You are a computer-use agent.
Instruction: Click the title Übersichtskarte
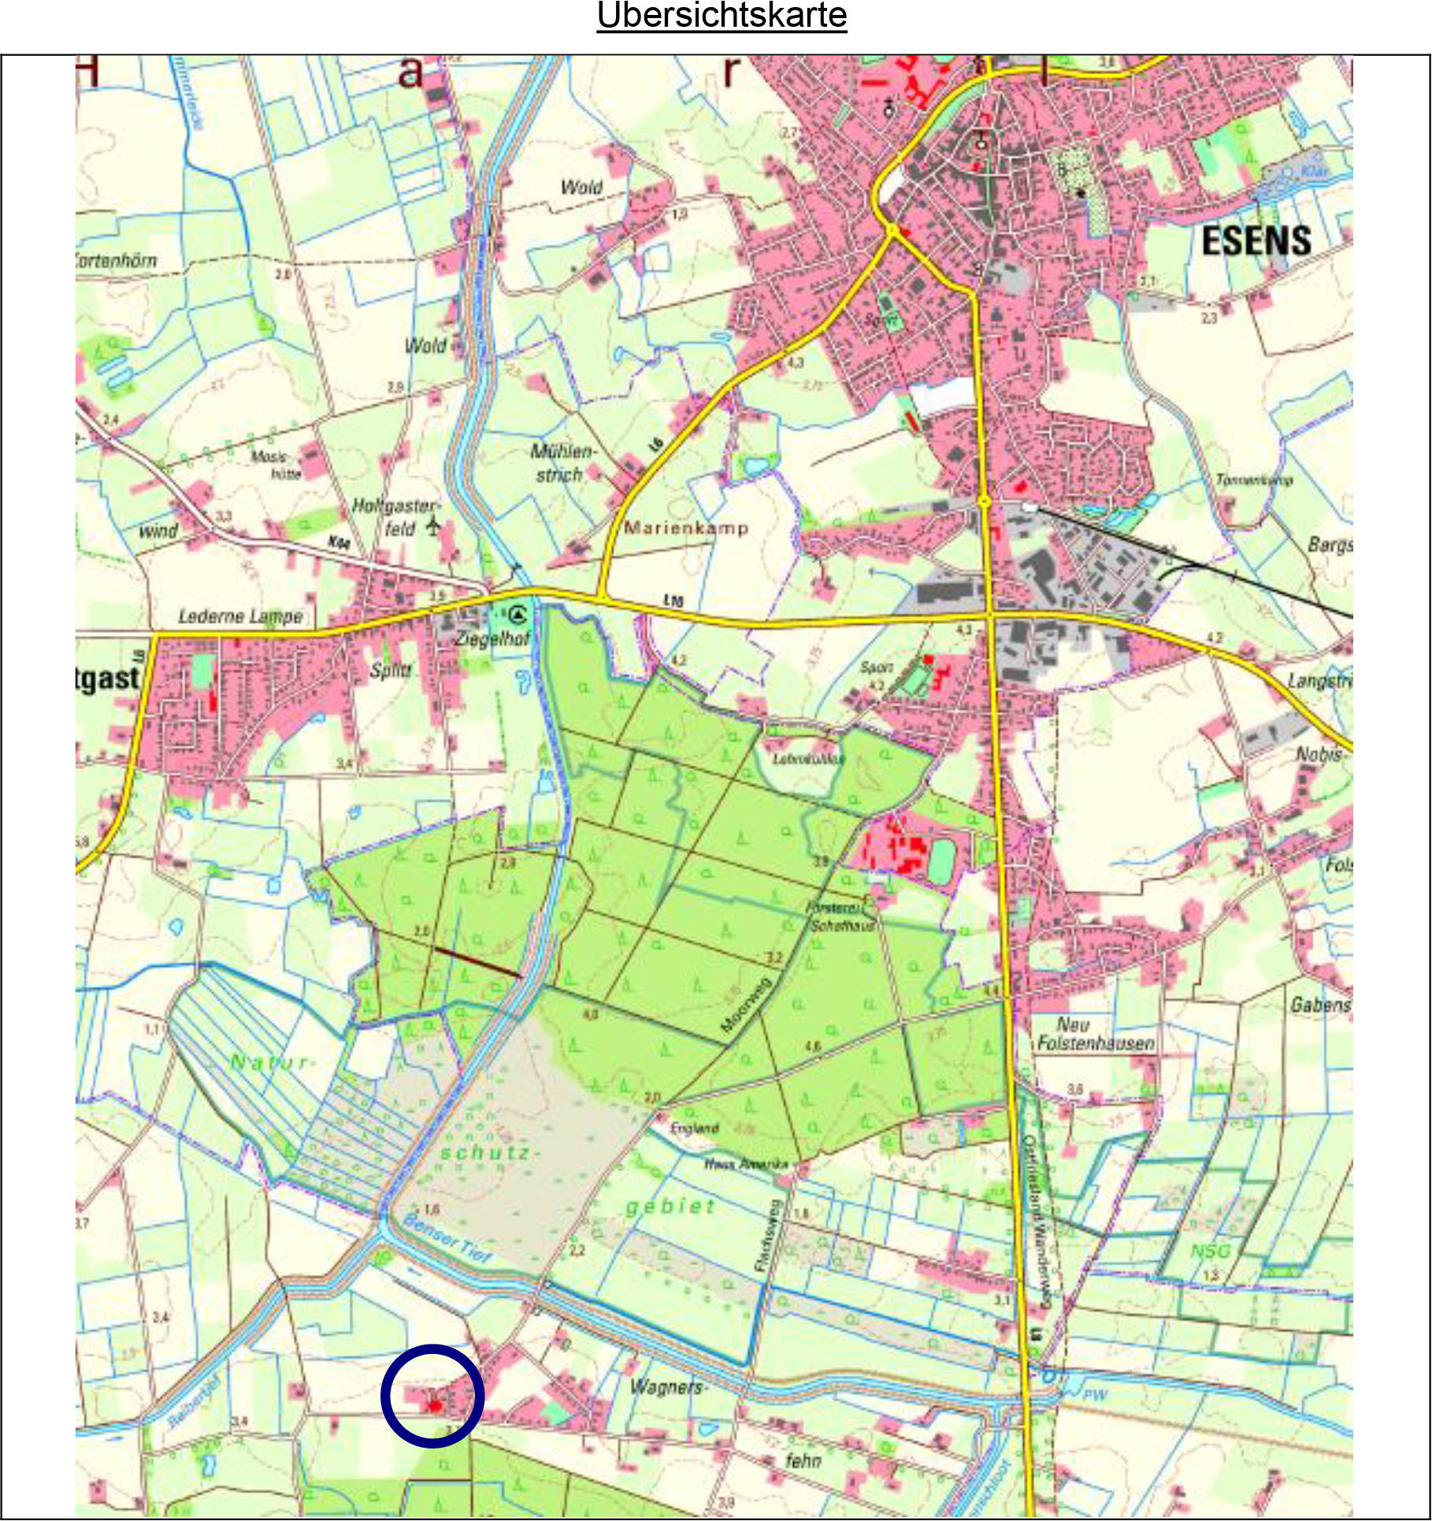coord(722,16)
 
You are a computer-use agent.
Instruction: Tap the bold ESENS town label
coord(1256,240)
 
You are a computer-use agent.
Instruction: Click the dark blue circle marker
coord(432,1396)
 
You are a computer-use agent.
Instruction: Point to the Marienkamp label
coord(685,528)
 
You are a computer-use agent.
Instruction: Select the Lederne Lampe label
coord(240,616)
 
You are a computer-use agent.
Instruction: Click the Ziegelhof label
coord(492,638)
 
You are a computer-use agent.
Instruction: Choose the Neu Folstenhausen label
coord(1094,1034)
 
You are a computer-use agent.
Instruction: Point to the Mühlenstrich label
coord(563,463)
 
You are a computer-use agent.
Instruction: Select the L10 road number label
coord(673,601)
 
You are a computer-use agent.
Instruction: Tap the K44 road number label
coord(339,543)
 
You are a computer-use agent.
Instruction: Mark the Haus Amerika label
coord(745,1164)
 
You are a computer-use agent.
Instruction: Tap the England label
coord(695,1128)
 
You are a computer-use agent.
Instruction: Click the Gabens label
coord(1320,1005)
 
